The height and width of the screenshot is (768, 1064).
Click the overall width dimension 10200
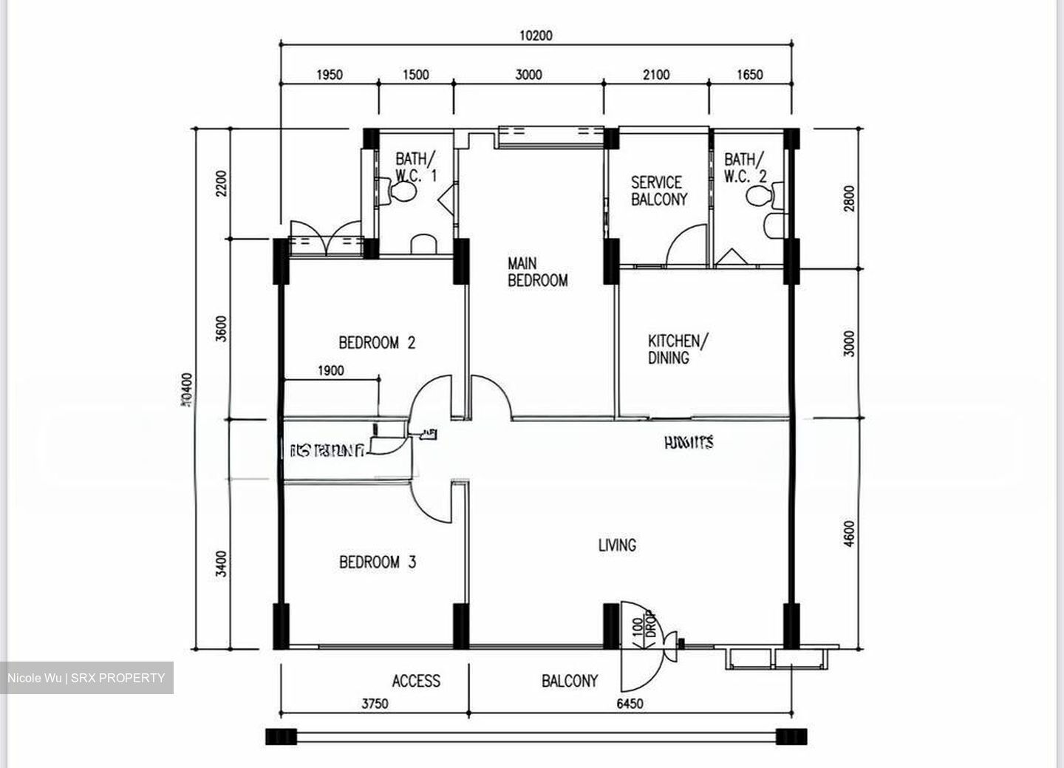pos(536,35)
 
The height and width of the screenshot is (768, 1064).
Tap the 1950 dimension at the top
pos(329,75)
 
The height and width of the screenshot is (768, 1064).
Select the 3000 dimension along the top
pos(528,75)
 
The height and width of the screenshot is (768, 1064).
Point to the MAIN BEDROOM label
pos(537,272)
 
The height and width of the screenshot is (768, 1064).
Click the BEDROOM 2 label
pos(377,342)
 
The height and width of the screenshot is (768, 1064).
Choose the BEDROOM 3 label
pos(378,562)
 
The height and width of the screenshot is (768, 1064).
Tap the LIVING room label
pos(617,546)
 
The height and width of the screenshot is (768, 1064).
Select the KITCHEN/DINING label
pos(678,349)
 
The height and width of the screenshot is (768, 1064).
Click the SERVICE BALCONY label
pos(658,191)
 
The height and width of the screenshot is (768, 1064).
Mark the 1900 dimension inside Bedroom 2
pos(330,370)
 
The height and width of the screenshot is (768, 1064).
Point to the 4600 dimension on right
pos(849,534)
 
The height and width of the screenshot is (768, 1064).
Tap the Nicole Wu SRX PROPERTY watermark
pos(86,678)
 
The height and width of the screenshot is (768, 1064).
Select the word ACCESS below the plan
pos(416,681)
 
